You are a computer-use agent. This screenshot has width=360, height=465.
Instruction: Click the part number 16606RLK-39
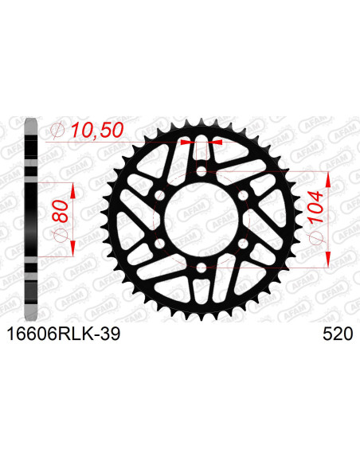63,335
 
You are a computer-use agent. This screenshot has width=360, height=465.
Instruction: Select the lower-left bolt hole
158,243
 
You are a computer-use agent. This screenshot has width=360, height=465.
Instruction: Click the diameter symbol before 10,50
58,130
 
